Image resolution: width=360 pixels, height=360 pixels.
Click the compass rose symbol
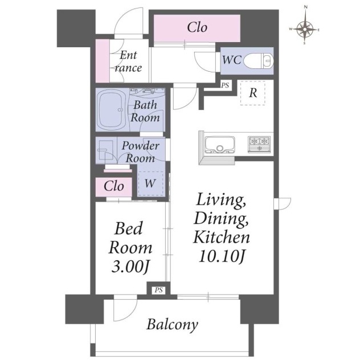click(x=305, y=29)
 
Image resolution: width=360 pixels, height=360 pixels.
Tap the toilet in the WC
click(x=259, y=62)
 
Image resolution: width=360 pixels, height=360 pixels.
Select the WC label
click(x=232, y=60)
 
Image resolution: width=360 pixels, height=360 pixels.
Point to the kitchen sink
click(x=220, y=145)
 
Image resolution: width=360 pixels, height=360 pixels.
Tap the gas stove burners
click(x=259, y=144)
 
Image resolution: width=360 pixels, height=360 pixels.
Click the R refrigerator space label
click(x=253, y=93)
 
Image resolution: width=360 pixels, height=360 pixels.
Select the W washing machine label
click(x=150, y=183)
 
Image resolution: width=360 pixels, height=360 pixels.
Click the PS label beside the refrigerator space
click(x=225, y=85)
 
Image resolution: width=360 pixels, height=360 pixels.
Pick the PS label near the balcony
click(x=158, y=290)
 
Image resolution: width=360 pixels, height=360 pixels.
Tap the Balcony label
click(x=172, y=325)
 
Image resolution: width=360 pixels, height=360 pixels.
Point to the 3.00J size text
click(x=130, y=267)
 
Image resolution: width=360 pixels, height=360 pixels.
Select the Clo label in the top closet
click(x=197, y=27)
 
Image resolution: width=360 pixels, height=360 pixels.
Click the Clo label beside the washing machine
click(x=114, y=186)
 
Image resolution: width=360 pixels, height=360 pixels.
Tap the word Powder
click(x=141, y=146)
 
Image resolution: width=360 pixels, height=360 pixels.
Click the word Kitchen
click(x=222, y=237)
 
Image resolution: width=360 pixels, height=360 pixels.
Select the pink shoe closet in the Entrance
click(x=103, y=61)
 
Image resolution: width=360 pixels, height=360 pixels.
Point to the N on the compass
click(x=305, y=7)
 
